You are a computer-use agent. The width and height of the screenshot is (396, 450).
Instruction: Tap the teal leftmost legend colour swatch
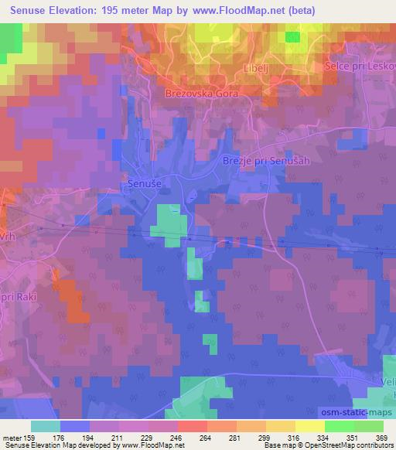[x=45, y=426]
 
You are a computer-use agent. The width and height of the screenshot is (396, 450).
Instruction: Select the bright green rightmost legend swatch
[x=368, y=426]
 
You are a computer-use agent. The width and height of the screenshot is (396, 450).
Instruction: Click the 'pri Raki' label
[x=21, y=296]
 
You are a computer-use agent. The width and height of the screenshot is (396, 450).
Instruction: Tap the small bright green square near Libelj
[x=292, y=36]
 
